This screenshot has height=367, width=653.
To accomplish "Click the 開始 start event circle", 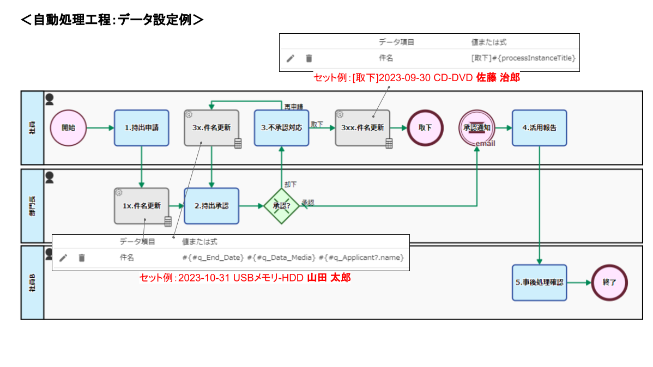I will (68, 128).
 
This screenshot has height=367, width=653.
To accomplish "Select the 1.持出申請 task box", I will (141, 128).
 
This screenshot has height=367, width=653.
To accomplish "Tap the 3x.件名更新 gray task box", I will (211, 128).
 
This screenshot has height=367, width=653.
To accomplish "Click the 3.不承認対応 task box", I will (281, 128).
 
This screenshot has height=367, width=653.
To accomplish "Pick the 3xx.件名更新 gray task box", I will (362, 128).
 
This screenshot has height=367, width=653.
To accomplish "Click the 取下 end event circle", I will (425, 128).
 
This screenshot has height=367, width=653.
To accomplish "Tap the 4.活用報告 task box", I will (539, 128).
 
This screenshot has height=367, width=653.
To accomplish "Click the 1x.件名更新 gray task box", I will (141, 206).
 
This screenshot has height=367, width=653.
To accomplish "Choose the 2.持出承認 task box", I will (211, 206).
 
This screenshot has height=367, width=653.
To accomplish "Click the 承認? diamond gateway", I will (281, 206).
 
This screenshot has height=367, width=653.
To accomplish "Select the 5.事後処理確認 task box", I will (539, 283).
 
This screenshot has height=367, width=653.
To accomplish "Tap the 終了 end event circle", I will (609, 283).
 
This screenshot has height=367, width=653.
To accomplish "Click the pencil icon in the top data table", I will (291, 58).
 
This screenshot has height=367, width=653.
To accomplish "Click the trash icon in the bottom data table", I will (82, 258).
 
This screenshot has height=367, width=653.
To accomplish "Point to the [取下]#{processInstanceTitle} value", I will (523, 58).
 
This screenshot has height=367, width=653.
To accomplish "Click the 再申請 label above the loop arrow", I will (294, 106).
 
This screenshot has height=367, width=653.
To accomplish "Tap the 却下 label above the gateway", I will (291, 184).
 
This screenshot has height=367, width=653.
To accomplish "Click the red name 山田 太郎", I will (329, 278).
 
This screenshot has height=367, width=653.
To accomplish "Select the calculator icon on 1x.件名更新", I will (168, 221).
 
